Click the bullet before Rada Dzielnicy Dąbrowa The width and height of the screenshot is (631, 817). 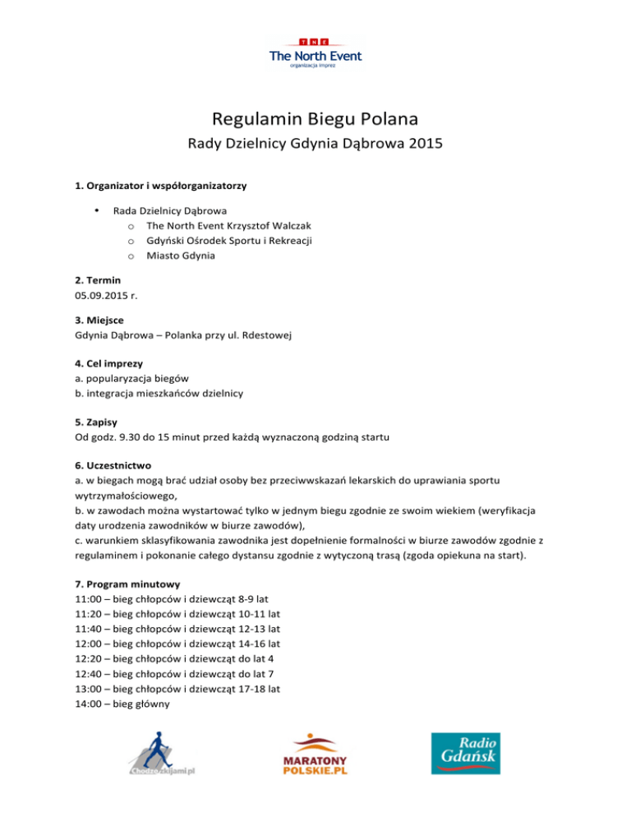(98, 210)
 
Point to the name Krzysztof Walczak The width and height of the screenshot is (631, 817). (275, 225)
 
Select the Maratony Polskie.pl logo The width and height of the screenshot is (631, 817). (315, 758)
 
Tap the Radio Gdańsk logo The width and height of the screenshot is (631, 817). (465, 753)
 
